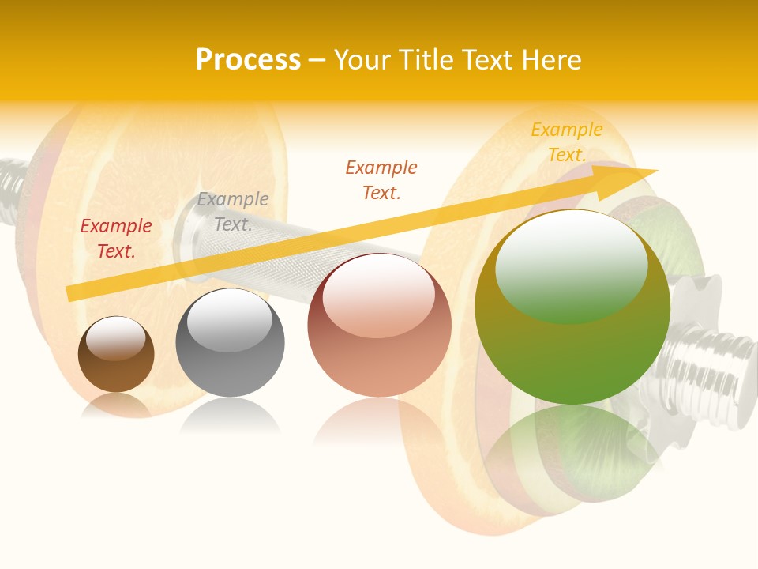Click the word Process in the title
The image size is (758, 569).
click(248, 60)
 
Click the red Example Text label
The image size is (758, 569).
click(116, 239)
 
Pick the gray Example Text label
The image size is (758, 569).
click(233, 212)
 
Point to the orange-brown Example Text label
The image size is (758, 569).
click(381, 180)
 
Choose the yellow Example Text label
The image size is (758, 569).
click(566, 142)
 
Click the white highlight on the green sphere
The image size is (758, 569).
click(571, 265)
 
